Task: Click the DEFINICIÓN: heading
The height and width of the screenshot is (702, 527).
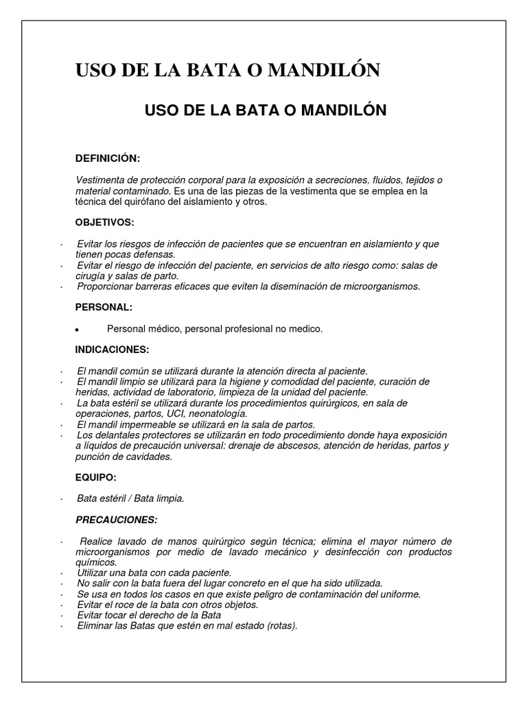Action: click(107, 159)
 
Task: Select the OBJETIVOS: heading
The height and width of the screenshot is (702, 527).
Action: click(104, 223)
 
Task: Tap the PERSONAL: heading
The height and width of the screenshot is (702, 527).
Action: click(104, 308)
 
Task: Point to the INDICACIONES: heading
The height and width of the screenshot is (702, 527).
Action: click(112, 350)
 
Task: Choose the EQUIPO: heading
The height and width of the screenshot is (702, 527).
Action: click(95, 478)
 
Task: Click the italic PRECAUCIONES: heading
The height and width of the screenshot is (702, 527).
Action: click(116, 520)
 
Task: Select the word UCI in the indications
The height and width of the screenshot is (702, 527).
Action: click(176, 414)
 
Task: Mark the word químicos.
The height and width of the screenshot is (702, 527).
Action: click(93, 562)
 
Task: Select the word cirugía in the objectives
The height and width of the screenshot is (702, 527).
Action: click(92, 276)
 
